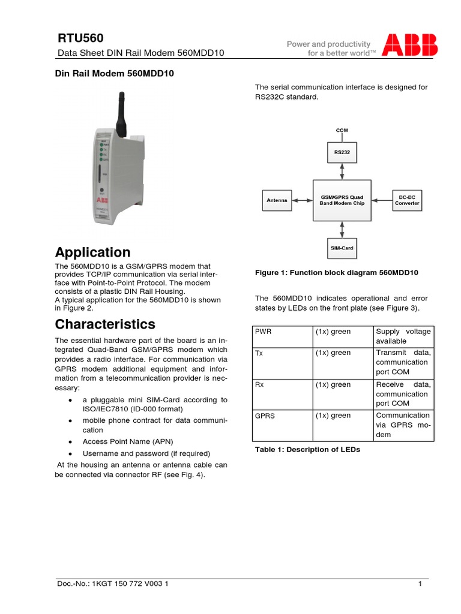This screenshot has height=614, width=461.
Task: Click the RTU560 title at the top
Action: coord(77,38)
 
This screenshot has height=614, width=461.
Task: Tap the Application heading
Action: coord(92,252)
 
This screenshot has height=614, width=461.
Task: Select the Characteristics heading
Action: coord(105,324)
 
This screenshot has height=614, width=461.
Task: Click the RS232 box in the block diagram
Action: coord(342,152)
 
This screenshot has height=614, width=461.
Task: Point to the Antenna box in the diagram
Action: coord(277,200)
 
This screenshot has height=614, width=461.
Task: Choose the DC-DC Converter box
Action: coord(407,200)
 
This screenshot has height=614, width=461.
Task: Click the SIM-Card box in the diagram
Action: coord(342,247)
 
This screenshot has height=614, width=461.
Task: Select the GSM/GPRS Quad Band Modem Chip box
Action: coord(342,200)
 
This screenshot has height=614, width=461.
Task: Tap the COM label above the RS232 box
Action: coord(342,130)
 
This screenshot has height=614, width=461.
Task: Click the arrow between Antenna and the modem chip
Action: coord(301,200)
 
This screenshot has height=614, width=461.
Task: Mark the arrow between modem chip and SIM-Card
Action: coord(342,228)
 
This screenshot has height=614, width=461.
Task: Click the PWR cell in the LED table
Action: coord(264,332)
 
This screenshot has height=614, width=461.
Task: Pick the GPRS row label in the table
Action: coord(265,416)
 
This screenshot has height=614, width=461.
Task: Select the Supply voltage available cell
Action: coord(403,336)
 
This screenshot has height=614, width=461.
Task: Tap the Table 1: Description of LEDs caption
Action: coord(307,449)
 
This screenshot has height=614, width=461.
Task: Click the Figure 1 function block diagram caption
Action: coord(336,273)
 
